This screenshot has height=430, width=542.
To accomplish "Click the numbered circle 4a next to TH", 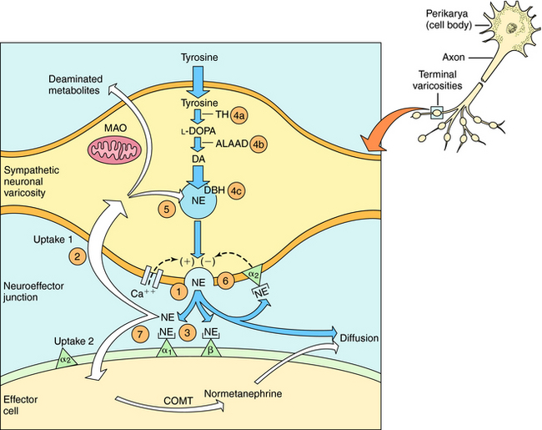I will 241,114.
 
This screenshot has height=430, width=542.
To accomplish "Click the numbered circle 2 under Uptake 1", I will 78,255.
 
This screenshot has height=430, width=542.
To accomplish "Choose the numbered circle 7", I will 140,334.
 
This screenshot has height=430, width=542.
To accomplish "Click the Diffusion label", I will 360,337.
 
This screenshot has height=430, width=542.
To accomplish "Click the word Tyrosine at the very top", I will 200,58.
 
